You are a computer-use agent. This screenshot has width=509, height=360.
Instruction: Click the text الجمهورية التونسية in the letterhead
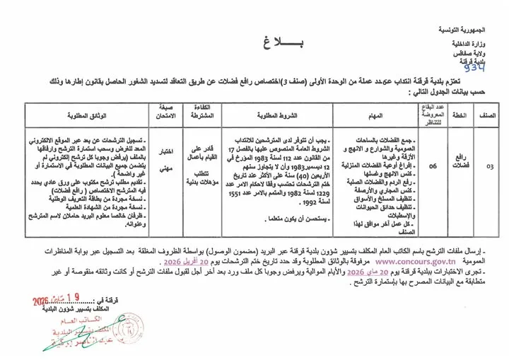point(470,32)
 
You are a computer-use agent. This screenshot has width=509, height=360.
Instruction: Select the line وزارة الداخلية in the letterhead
point(475,45)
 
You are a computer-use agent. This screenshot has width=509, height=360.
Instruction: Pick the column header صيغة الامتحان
point(163,112)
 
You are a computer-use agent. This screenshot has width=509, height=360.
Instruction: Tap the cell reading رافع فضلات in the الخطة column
point(459,168)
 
